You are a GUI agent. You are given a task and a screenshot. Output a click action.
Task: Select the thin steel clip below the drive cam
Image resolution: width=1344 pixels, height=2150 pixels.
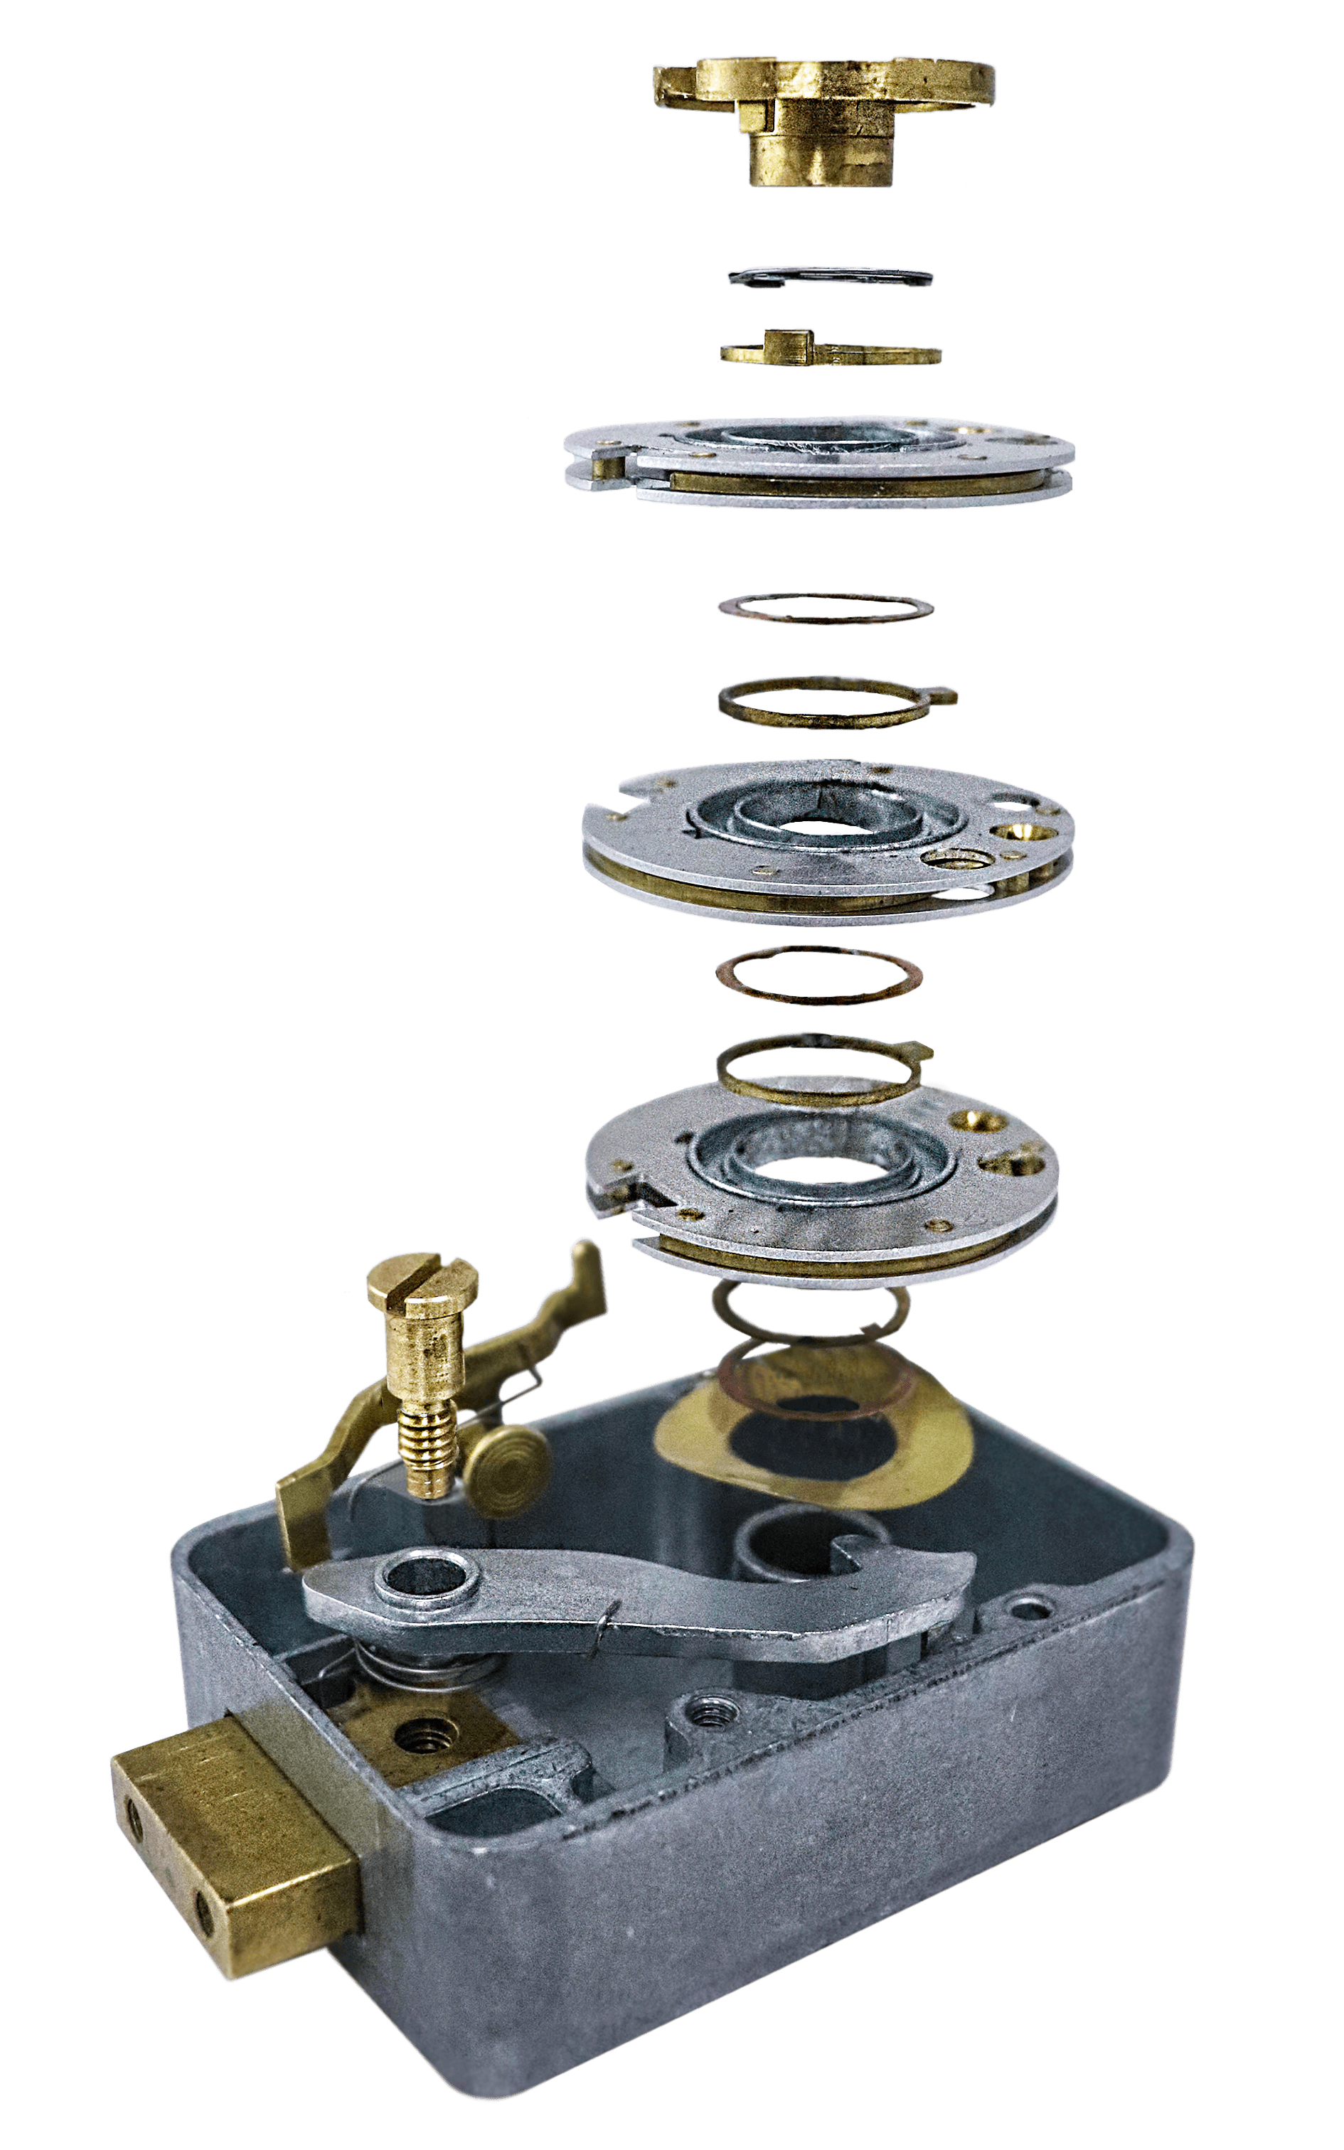[831, 277]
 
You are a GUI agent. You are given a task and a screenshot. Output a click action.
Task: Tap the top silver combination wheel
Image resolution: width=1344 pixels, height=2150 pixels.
[818, 462]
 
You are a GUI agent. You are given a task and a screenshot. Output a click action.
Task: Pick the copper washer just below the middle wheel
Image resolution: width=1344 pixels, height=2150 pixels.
[818, 973]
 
